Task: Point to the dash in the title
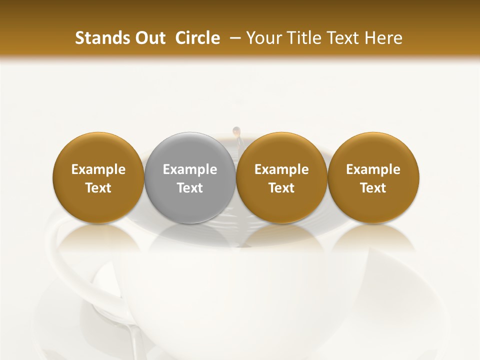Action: tap(233, 38)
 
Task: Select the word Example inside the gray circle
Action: tap(190, 169)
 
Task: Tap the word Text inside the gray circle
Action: tap(190, 188)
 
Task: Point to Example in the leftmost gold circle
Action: tap(98, 169)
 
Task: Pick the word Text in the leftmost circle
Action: tap(98, 188)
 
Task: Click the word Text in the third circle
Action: tap(281, 188)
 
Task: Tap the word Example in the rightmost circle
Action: tap(373, 169)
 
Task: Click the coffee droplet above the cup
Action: tap(236, 131)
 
